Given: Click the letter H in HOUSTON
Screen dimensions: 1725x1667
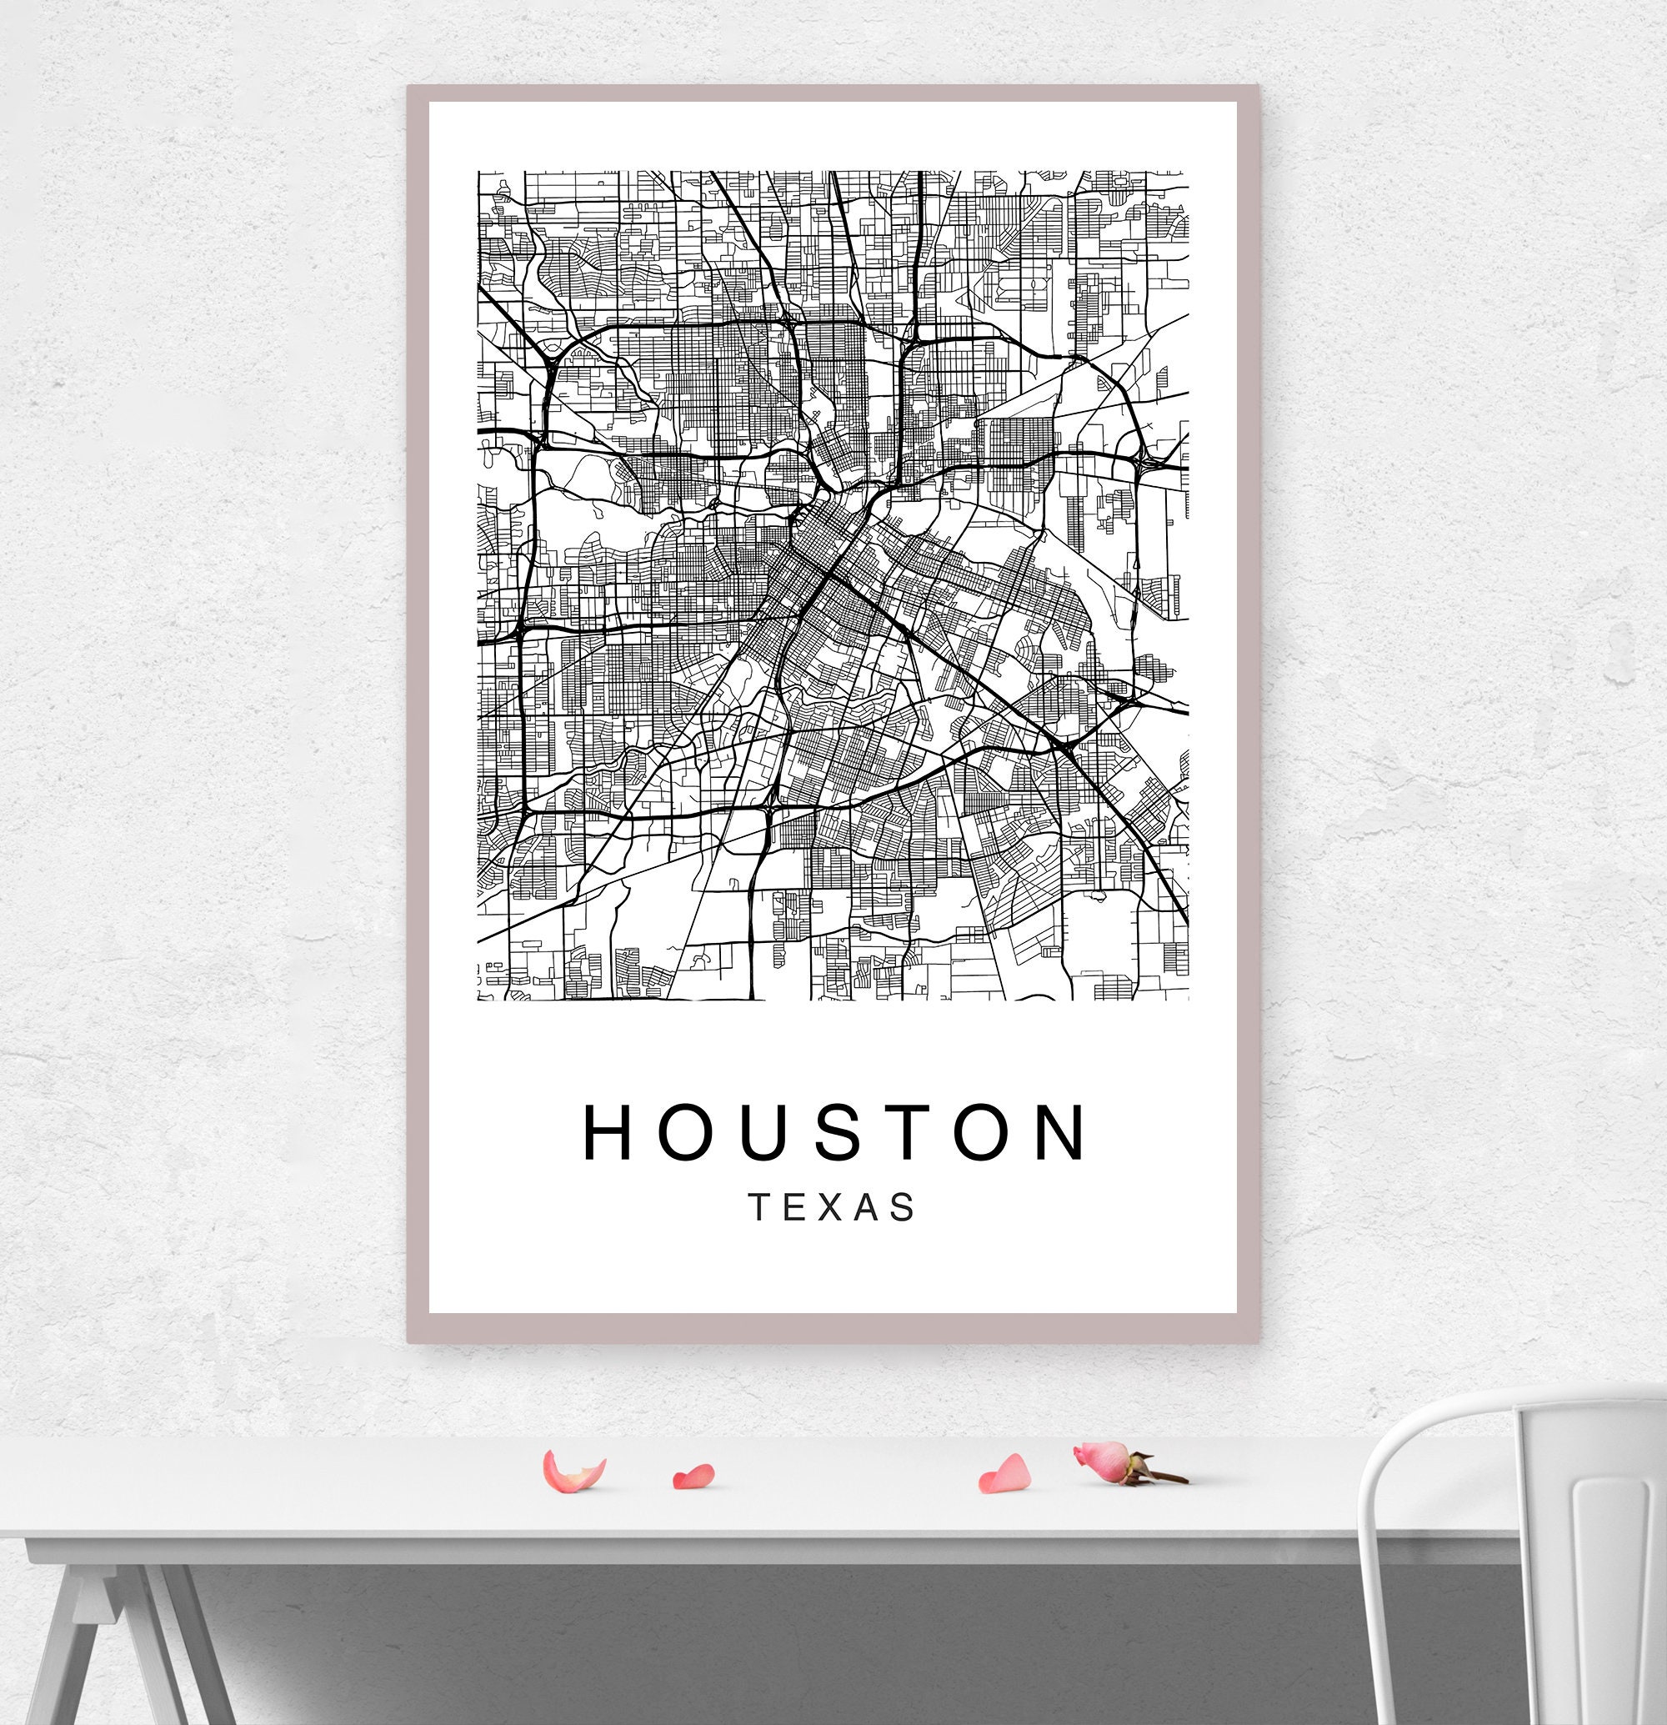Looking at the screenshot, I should coord(608,1132).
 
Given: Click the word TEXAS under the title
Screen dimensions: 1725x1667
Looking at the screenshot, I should coord(832,1207).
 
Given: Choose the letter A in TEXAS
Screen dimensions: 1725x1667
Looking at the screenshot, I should coord(868,1207).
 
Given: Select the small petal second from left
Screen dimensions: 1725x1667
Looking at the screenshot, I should coord(694,1476).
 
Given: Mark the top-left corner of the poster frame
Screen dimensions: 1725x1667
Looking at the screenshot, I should coord(409,88).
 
